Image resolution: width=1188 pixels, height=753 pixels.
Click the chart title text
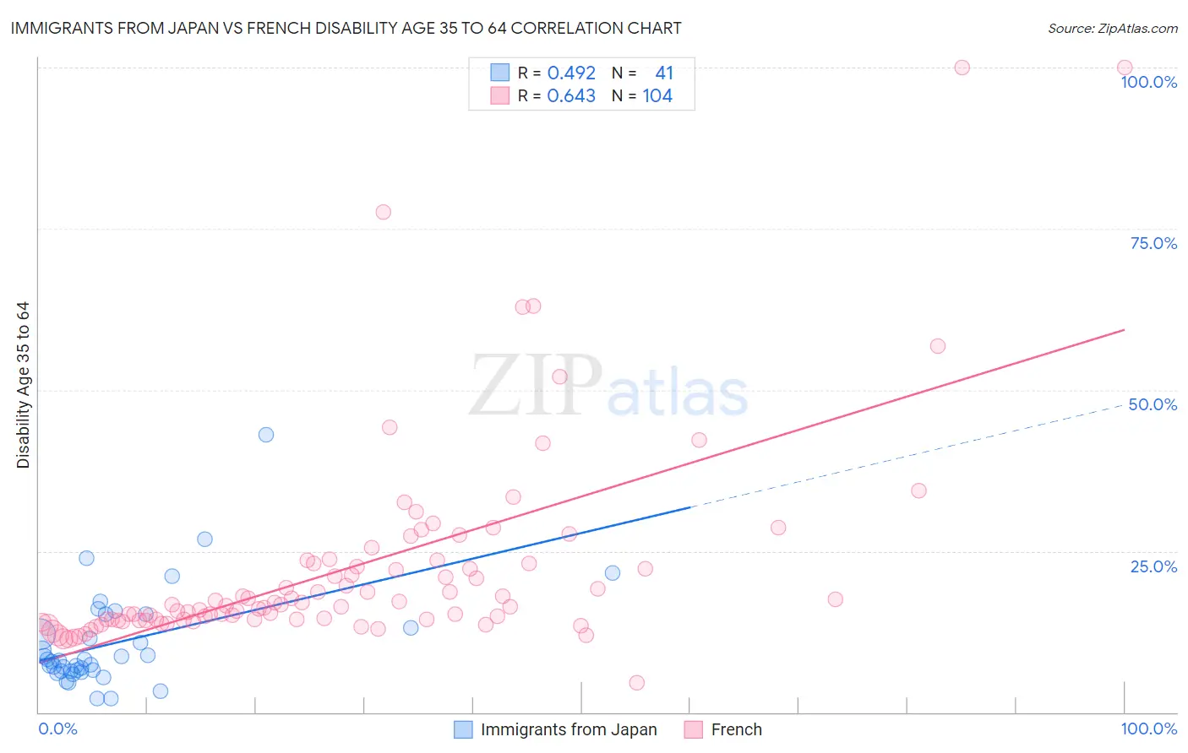point(346,28)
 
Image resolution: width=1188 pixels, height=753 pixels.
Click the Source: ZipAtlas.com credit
point(1112,28)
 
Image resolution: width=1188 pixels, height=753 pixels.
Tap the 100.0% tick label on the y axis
point(1148,82)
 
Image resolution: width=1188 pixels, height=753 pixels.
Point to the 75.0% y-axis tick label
point(1153,243)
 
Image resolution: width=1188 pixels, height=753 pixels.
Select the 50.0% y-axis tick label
point(1153,404)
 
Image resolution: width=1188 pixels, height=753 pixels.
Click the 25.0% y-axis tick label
point(1153,566)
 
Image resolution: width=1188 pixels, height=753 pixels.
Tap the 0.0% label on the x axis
point(57,729)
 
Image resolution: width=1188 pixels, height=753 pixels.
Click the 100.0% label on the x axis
point(1148,729)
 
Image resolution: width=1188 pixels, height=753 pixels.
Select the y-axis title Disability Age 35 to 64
point(23,385)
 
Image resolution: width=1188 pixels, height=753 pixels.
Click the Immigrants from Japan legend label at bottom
point(569,729)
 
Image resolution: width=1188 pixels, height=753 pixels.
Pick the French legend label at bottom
point(736,729)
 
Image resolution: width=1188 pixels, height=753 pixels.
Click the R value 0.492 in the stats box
point(571,73)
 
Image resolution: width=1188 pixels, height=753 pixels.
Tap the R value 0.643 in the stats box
point(571,95)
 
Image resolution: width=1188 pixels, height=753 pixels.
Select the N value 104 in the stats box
point(657,95)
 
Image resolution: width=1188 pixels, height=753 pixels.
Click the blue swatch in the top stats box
point(500,73)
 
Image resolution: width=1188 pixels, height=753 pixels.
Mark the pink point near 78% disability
point(383,212)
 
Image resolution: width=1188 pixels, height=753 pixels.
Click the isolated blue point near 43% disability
point(266,435)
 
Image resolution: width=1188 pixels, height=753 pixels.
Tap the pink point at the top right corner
point(1125,68)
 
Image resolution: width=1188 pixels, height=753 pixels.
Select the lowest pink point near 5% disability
point(637,683)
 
